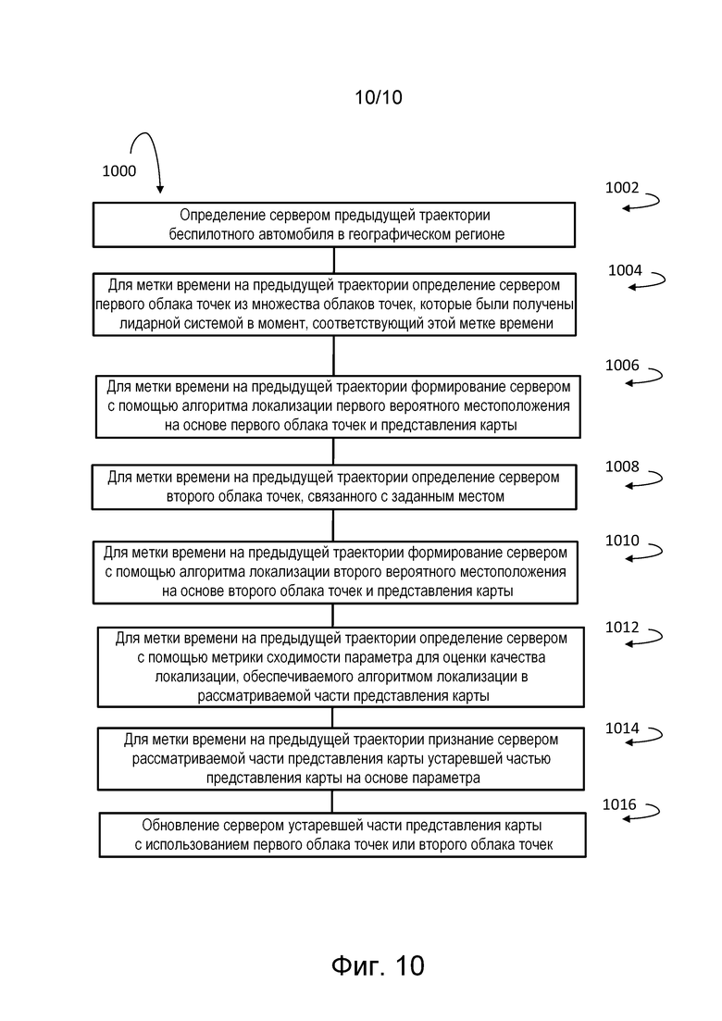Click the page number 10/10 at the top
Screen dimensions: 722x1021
click(x=379, y=98)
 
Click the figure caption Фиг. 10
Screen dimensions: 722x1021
click(x=378, y=965)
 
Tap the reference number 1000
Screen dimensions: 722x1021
click(x=119, y=170)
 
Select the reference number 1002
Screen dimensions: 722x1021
click(x=622, y=188)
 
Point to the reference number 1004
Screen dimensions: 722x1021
click(x=625, y=270)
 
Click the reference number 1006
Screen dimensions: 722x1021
click(x=622, y=366)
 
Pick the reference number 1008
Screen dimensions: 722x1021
click(x=622, y=467)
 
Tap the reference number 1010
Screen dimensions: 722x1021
click(x=622, y=541)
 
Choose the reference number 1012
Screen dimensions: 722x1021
click(x=622, y=627)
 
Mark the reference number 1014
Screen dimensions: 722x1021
click(x=622, y=728)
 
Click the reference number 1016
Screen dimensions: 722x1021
click(x=619, y=804)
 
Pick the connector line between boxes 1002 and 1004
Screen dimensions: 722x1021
click(x=334, y=260)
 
